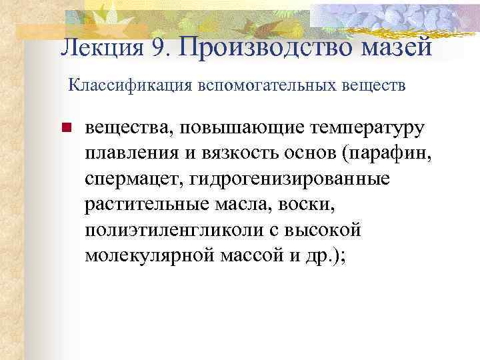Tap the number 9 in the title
click(157, 49)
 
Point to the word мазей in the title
click(397, 48)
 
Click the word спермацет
click(133, 179)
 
